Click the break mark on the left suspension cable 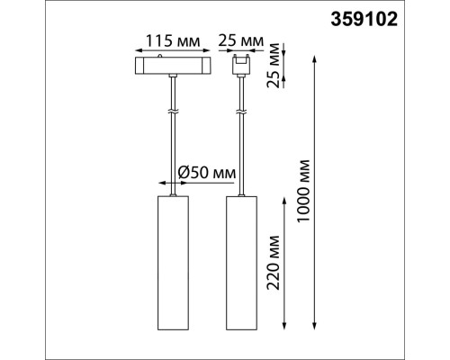point(173,112)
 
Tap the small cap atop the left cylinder point(173,190)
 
